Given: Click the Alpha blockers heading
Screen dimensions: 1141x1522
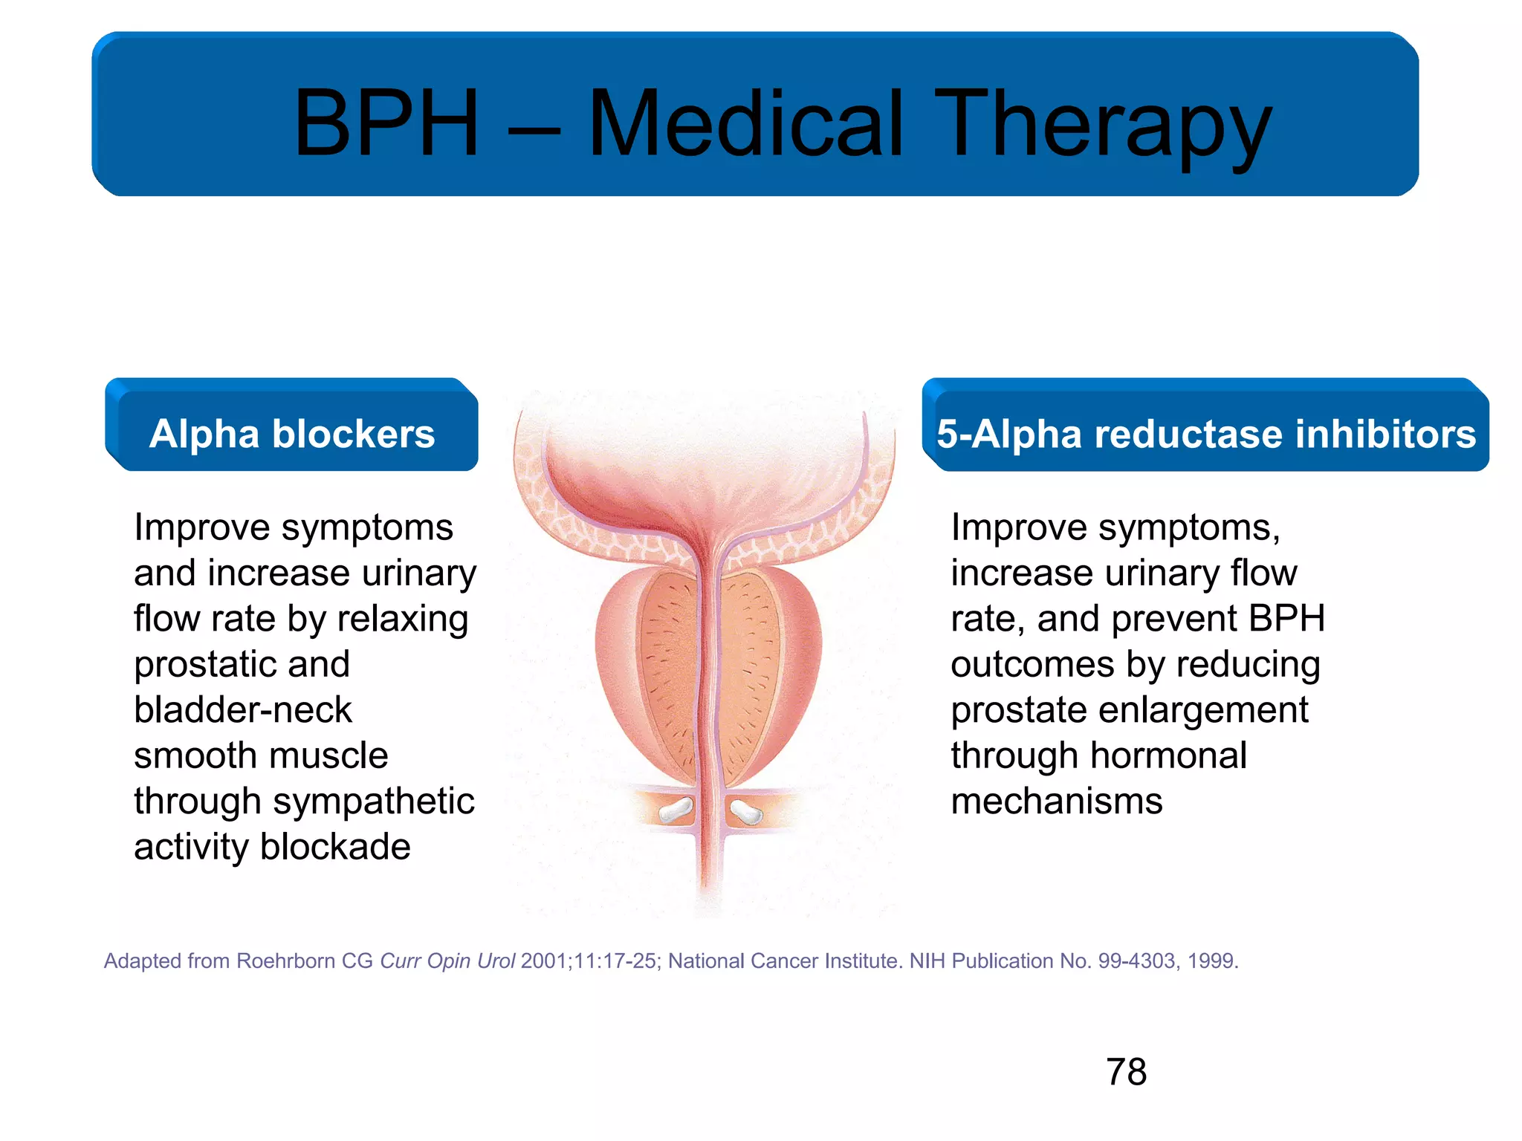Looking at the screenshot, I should point(292,433).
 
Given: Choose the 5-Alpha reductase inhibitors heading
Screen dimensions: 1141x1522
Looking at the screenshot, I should point(1205,433).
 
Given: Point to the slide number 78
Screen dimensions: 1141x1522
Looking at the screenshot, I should point(1126,1072).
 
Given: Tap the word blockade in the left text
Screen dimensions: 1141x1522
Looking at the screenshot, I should point(335,847).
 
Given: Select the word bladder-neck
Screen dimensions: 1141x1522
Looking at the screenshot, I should point(242,710).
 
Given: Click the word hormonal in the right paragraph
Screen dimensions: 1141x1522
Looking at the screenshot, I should point(1172,756).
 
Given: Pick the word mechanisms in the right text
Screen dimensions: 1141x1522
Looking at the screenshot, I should point(1056,802).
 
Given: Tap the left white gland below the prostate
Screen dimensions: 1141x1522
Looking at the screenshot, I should point(676,810).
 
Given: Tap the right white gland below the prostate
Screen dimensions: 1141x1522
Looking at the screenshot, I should point(746,811).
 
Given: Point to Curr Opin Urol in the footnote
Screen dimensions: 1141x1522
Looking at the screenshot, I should point(447,961).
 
